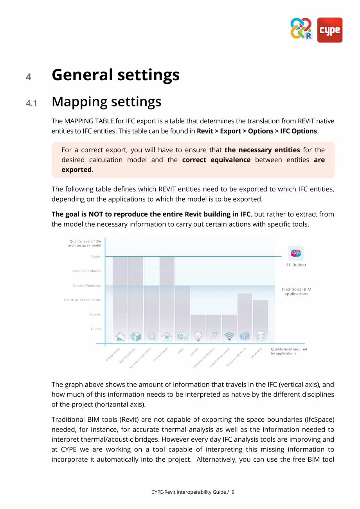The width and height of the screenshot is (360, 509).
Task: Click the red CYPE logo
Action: point(329,30)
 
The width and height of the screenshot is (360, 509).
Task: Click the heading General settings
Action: point(115,75)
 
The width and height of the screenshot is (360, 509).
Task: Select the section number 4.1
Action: point(31,103)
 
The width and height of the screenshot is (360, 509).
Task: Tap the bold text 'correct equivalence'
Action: point(216,160)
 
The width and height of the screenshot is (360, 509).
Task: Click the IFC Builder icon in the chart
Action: point(296,253)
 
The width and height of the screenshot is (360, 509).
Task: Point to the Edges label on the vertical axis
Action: point(95,256)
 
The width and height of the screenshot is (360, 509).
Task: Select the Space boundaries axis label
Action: point(86,271)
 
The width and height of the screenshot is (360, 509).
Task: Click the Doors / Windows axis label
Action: point(86,285)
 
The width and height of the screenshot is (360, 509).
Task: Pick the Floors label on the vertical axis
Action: point(95,329)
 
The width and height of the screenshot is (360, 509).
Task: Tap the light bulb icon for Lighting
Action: point(198,336)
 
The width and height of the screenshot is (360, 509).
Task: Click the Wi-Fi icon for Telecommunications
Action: point(229,336)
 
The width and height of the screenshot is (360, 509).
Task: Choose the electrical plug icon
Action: point(214,336)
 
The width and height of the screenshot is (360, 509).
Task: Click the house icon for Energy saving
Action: point(120,336)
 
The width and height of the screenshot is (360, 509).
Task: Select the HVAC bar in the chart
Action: point(182,309)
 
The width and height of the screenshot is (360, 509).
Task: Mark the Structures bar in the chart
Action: point(260,317)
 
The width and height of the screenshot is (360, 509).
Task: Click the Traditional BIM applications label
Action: point(296,292)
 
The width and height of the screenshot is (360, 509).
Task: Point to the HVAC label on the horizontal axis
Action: point(180,351)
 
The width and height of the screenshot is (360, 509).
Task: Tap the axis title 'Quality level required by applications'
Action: point(288,351)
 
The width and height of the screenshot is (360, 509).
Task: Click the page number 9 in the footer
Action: point(233,492)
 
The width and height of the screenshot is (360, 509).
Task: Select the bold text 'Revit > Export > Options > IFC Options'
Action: point(257,131)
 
